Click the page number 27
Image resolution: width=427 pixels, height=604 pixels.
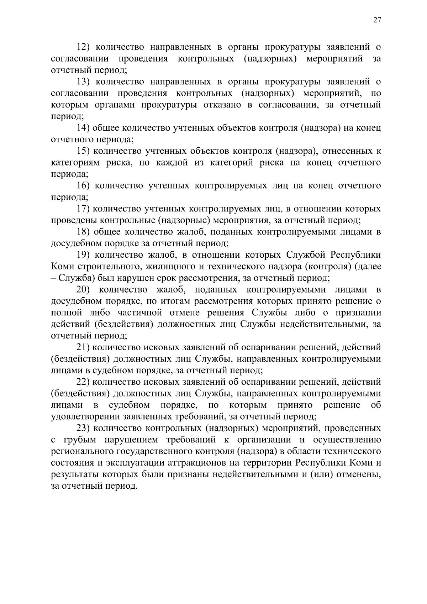click(377, 20)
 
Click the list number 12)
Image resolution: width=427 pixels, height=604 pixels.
click(85, 47)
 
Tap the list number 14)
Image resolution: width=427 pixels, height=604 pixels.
click(85, 128)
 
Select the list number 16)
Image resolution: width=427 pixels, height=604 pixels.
click(85, 185)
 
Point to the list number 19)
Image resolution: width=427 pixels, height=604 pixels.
click(85, 255)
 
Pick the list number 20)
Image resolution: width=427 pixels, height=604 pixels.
click(85, 289)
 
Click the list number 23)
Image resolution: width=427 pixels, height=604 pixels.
click(85, 428)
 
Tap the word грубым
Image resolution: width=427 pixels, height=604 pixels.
click(81, 440)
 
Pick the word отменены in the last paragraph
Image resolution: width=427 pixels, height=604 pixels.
click(359, 474)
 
